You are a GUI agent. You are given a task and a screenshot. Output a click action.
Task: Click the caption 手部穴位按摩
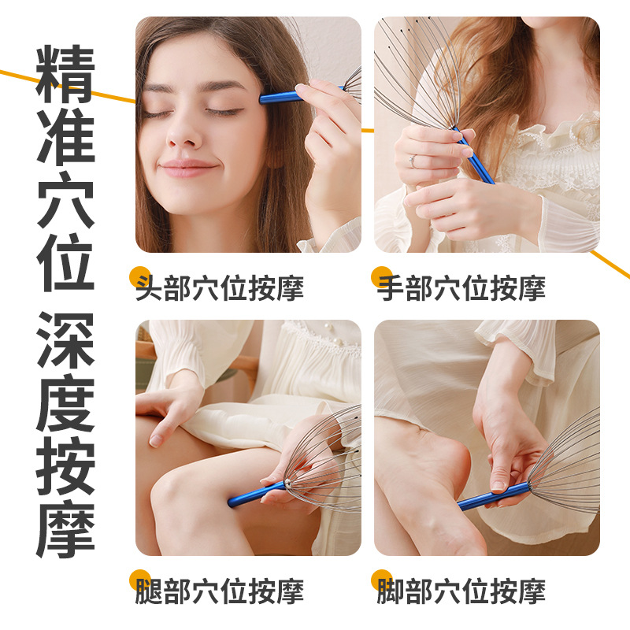click(461, 288)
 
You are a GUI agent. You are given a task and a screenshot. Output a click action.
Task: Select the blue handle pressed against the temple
click(280, 97)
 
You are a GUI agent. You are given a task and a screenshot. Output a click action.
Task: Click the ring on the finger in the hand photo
click(411, 161)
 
